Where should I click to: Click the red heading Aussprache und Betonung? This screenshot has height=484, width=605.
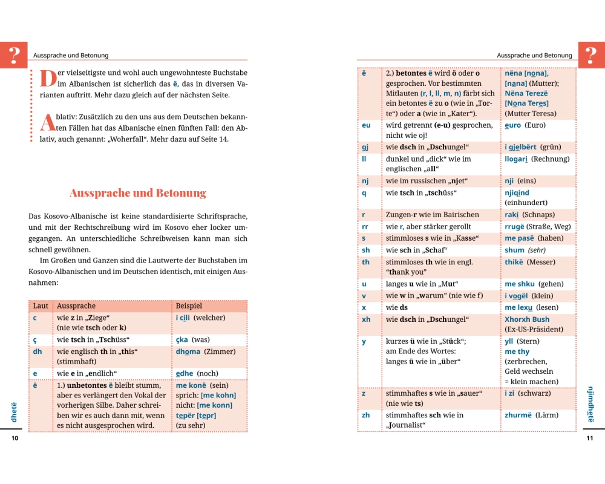click(x=138, y=194)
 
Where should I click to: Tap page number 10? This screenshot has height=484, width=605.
click(x=15, y=439)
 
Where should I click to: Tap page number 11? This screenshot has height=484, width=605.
click(x=590, y=439)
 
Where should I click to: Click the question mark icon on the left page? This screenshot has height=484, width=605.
click(x=13, y=55)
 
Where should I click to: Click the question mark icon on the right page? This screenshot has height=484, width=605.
click(x=591, y=55)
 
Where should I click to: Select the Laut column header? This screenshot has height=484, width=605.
click(x=41, y=306)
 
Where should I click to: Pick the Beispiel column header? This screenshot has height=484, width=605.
click(x=189, y=306)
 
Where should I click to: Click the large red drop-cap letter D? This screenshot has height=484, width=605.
click(x=47, y=78)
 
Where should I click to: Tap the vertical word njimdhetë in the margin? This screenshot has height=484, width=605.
click(x=590, y=404)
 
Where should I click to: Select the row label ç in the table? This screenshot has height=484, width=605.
click(x=34, y=339)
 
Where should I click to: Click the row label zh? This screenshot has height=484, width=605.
click(x=366, y=415)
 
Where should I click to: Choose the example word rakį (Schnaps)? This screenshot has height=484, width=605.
click(x=529, y=215)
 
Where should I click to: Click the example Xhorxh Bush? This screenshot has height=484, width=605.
click(x=527, y=319)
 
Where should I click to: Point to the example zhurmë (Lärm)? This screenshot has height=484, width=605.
click(x=531, y=415)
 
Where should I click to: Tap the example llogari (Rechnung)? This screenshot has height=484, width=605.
click(x=537, y=159)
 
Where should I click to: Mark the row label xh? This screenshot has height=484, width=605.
click(x=366, y=319)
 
